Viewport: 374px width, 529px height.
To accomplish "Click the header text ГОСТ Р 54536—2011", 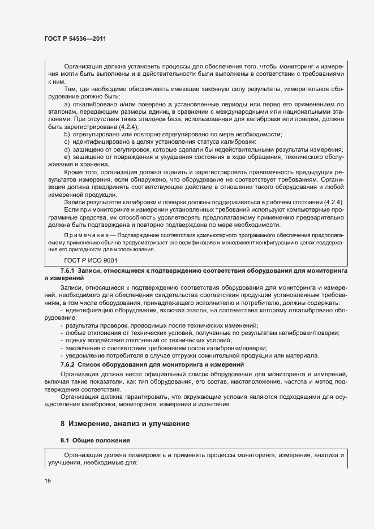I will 75,38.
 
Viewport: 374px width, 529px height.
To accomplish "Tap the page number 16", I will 48,480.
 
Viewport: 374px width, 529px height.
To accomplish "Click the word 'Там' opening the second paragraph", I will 70,89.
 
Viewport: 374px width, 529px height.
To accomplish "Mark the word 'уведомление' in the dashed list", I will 84,355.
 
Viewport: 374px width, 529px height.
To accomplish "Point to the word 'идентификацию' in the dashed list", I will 89,311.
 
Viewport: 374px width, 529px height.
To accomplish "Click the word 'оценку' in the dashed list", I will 76,341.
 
